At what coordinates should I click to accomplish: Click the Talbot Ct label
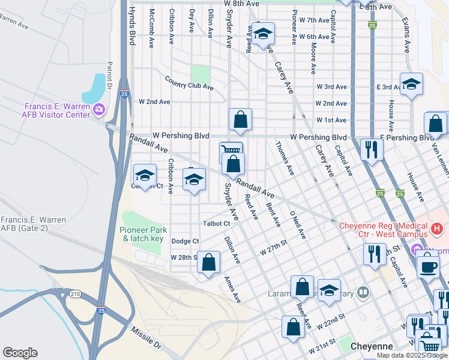[x=217, y=224]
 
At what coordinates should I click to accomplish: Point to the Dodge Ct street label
[x=185, y=241]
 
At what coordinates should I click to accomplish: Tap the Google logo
[x=20, y=353]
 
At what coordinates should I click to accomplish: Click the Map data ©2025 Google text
[x=411, y=355]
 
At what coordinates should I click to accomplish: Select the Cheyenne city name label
[x=372, y=346]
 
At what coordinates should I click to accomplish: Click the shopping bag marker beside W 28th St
[x=208, y=262]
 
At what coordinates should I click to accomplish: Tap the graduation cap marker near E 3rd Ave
[x=411, y=85]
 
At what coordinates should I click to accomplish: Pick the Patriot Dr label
[x=110, y=74]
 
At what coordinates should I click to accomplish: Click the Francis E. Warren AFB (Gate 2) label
[x=33, y=224]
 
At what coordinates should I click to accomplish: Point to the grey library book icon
[x=363, y=293]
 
